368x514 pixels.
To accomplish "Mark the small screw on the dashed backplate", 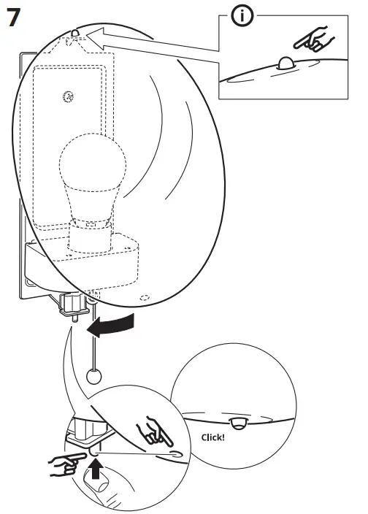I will tap(68, 96).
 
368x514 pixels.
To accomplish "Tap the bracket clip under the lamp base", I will tap(73, 305).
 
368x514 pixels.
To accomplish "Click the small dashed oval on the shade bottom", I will tap(145, 298).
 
